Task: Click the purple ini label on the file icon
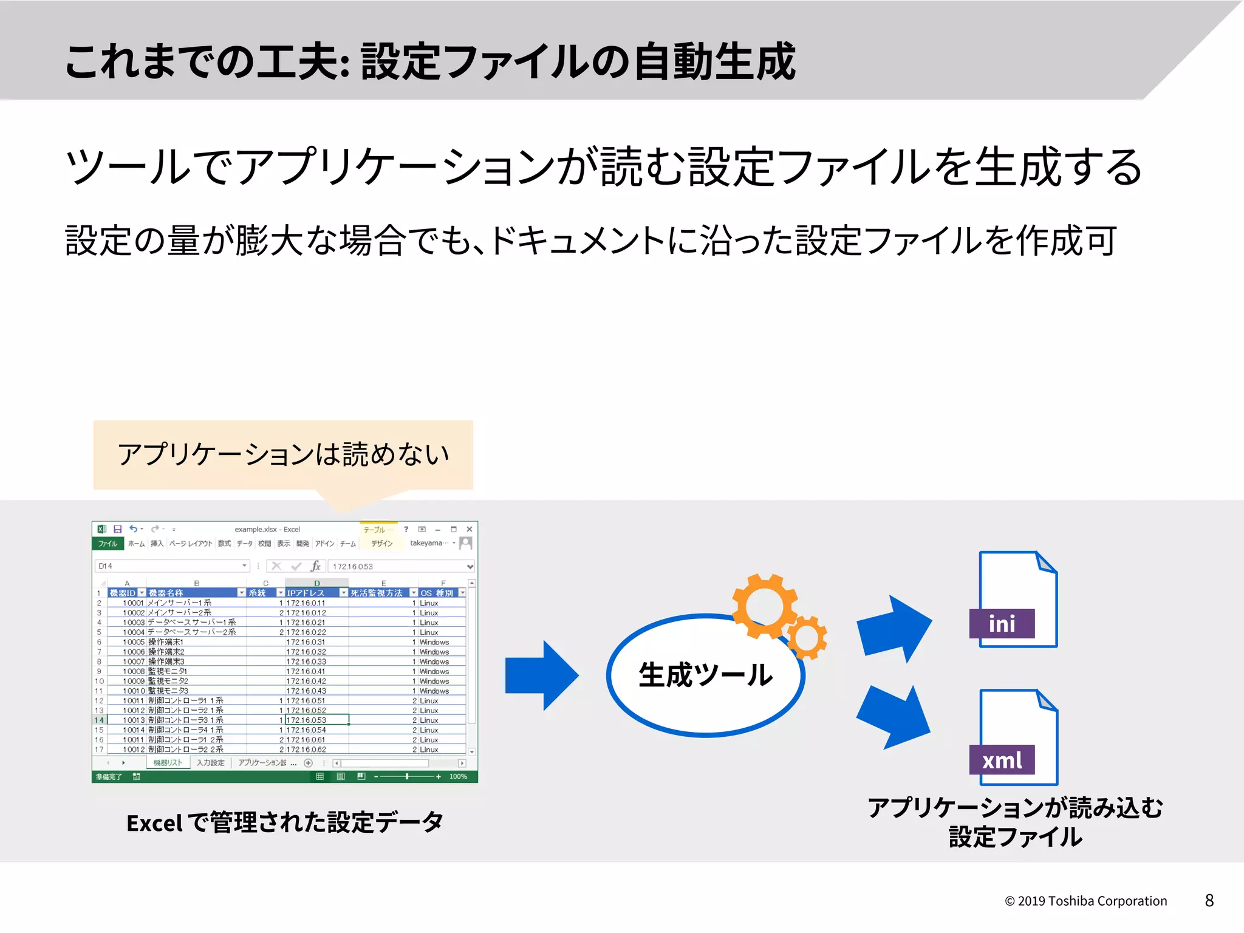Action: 1002,624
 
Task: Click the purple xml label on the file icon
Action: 1002,760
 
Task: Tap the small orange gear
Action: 807,638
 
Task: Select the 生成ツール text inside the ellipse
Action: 705,675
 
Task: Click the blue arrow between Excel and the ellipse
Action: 540,675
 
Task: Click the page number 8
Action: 1209,900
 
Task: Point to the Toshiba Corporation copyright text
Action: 1086,901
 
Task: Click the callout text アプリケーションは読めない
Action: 283,454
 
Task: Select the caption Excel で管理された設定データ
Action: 284,822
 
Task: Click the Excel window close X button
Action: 469,529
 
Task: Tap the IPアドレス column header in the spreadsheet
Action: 306,593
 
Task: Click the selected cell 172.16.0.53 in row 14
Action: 316,720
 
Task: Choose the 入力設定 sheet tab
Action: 210,763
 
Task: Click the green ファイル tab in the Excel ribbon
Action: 108,544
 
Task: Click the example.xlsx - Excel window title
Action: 267,529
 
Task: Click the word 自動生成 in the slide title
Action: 714,61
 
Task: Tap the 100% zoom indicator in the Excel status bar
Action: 458,777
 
